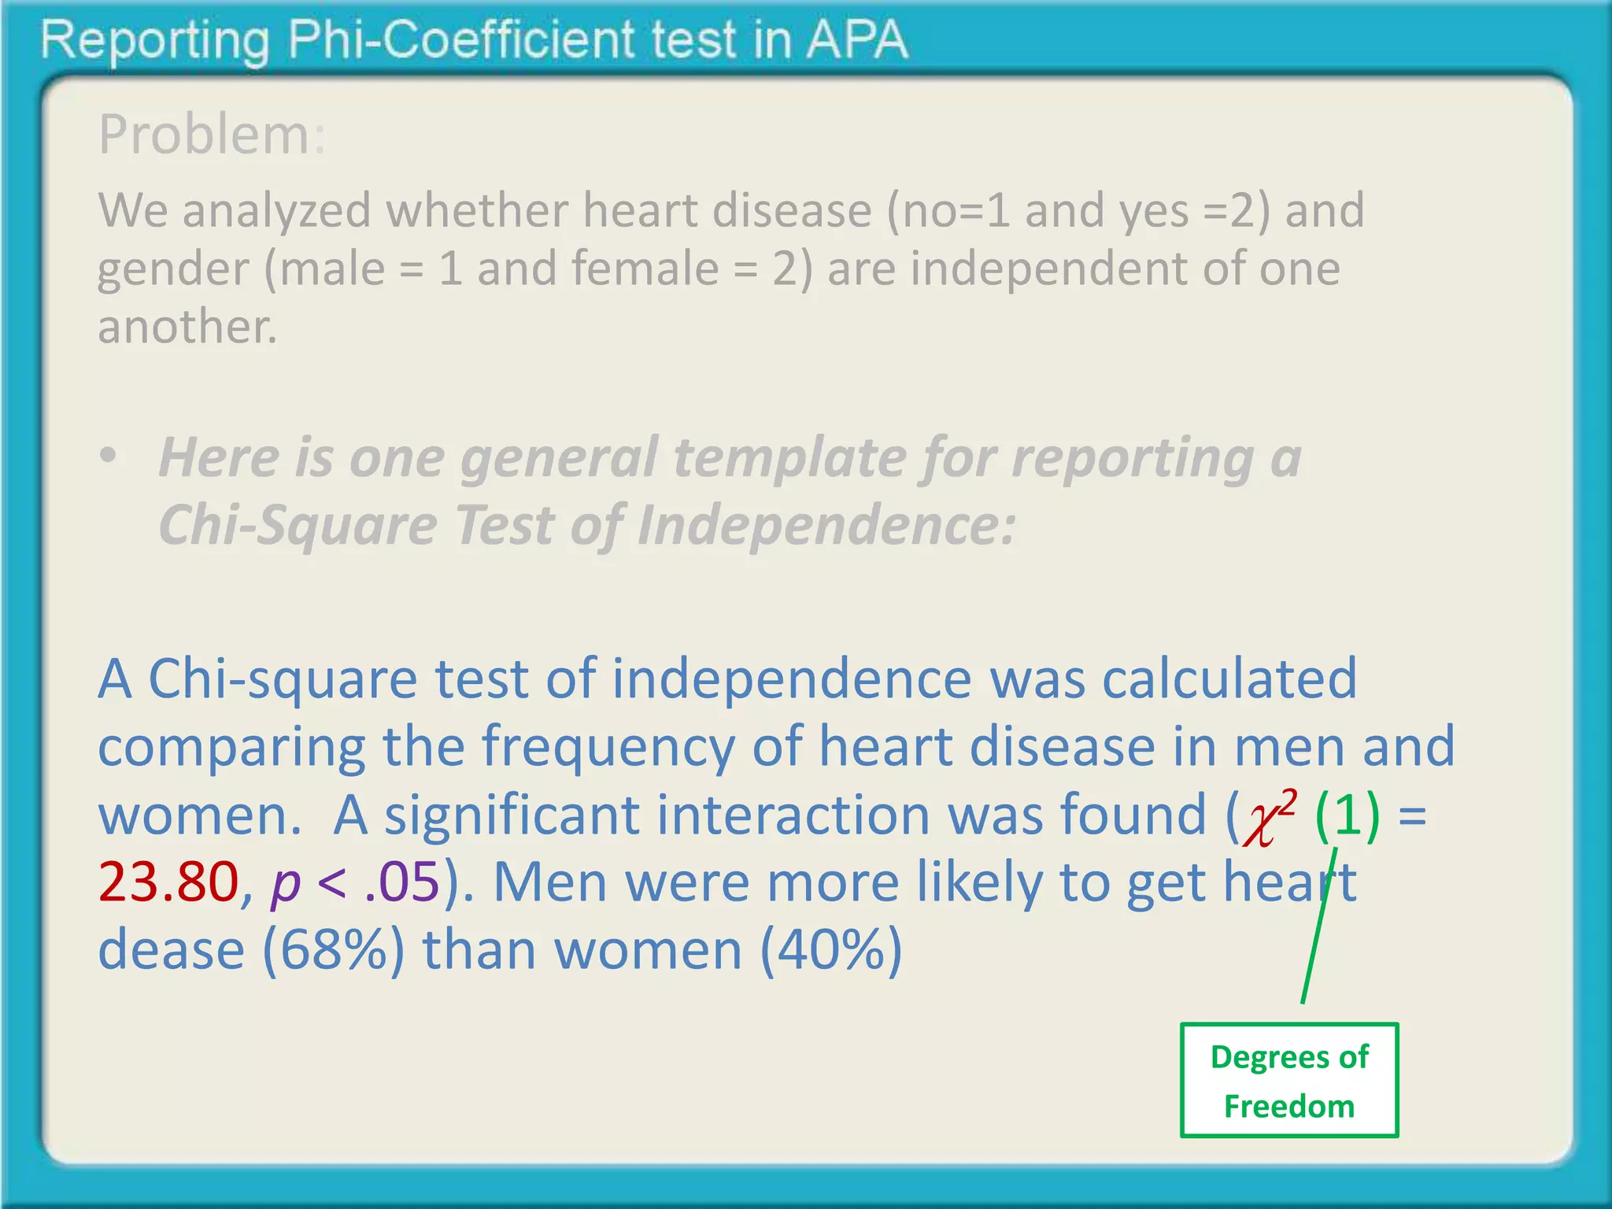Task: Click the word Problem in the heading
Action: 204,135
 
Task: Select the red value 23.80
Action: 168,882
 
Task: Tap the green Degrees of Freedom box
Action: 1288,1080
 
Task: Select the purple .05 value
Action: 402,882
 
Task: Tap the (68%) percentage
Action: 334,950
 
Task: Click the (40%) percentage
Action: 831,950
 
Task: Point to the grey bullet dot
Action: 108,456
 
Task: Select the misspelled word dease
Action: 171,950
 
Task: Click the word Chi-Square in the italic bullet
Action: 298,525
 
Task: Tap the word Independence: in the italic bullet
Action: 826,525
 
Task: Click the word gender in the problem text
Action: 173,270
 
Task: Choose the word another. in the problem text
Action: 187,327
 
